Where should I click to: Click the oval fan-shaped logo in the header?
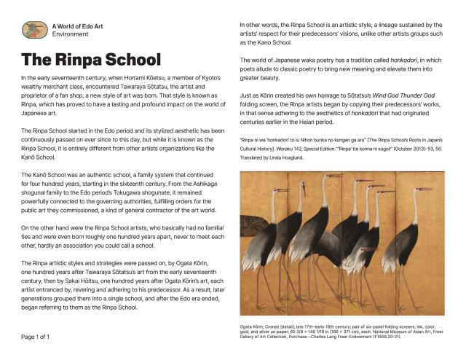(34, 30)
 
